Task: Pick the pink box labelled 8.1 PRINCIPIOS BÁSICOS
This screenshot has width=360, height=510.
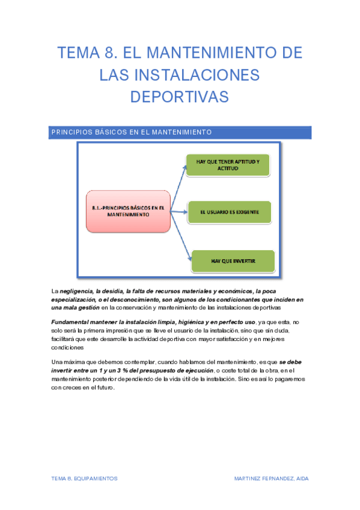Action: point(129,210)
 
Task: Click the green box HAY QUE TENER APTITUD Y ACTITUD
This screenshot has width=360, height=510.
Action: point(228,165)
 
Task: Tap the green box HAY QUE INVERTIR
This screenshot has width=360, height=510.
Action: point(233,261)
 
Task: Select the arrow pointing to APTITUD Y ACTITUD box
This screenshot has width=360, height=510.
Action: point(178,186)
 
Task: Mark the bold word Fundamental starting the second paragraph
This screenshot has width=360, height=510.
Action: point(69,322)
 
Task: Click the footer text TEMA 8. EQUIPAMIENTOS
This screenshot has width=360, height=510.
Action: point(84,478)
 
